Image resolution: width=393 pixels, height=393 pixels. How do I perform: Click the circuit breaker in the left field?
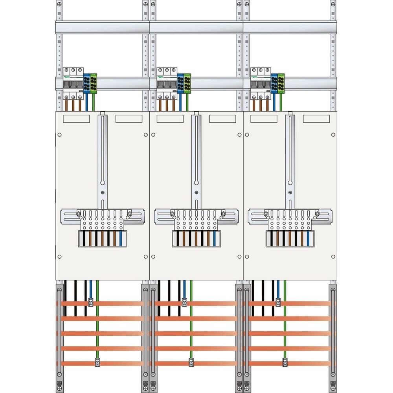[73, 83]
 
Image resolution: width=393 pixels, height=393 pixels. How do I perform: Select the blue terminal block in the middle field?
[180, 83]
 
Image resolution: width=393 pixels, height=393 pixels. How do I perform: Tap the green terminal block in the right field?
[281, 83]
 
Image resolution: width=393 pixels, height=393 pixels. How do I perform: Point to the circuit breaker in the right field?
[261, 83]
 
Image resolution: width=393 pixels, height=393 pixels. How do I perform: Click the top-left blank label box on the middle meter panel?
[170, 119]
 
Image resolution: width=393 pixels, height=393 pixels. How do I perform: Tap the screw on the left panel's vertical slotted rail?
[102, 193]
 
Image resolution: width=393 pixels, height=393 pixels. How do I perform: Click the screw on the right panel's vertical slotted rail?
[290, 193]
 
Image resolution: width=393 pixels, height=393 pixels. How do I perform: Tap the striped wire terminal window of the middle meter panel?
[196, 239]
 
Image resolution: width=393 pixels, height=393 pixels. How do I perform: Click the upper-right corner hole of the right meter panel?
[333, 135]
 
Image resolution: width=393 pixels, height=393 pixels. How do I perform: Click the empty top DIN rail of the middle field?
[196, 27]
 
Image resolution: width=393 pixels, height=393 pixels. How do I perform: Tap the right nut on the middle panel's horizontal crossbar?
[223, 214]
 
